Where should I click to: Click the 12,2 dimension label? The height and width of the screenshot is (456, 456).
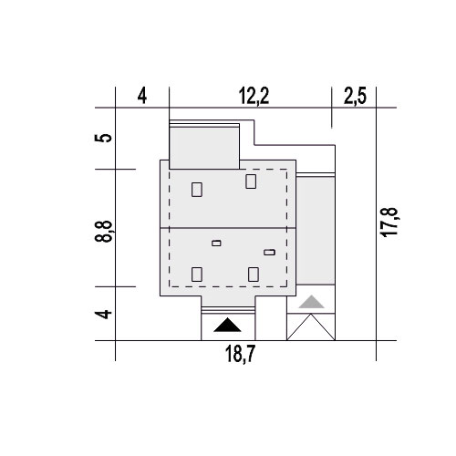(x=254, y=96)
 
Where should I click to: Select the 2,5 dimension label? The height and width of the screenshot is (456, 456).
(x=355, y=96)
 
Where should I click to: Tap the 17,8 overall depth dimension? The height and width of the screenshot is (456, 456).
(x=389, y=222)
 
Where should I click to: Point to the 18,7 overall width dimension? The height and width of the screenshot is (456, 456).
(x=240, y=354)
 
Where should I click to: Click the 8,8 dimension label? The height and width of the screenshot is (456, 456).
(x=104, y=232)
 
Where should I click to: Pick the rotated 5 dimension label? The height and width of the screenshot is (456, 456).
(x=103, y=138)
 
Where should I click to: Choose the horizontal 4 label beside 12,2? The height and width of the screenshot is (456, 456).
(x=142, y=97)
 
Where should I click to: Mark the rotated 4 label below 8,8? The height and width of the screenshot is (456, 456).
(x=103, y=314)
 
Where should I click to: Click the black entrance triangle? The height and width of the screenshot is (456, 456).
(x=227, y=326)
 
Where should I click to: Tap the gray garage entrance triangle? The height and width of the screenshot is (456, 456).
(x=311, y=302)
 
